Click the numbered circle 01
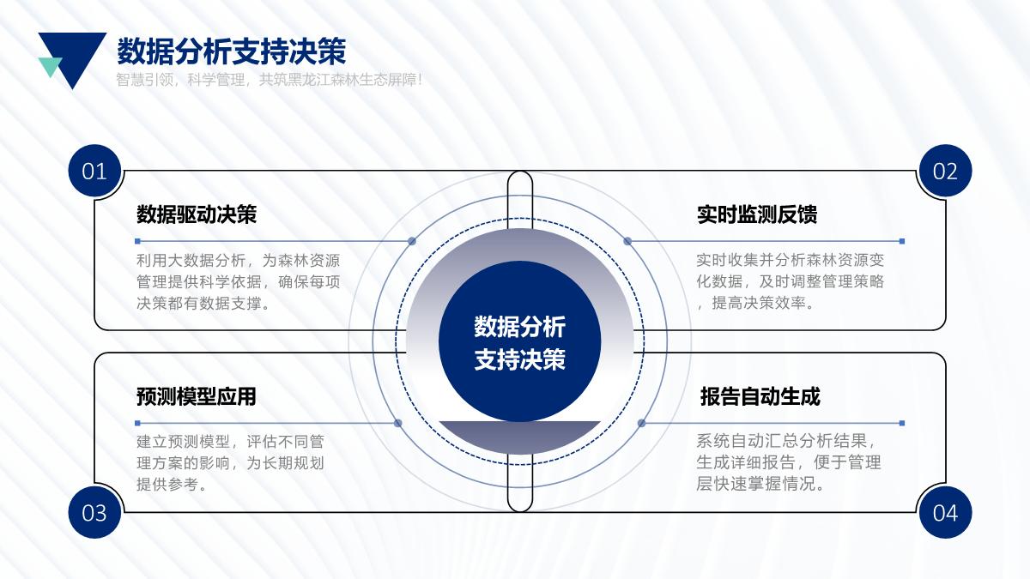click(94, 171)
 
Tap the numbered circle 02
click(945, 171)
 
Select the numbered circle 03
click(94, 512)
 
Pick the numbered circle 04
click(945, 512)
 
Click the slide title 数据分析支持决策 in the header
click(231, 51)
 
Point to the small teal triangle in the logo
click(49, 67)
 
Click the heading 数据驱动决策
click(197, 214)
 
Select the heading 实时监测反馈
click(757, 214)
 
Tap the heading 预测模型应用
click(197, 396)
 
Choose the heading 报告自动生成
click(760, 396)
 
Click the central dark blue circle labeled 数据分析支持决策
click(519, 341)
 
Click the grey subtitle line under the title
click(269, 80)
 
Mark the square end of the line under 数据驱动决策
click(137, 241)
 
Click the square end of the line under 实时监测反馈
click(902, 241)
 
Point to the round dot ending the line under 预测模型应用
click(398, 423)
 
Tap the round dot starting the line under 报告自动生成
click(641, 423)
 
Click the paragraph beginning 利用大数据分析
click(239, 281)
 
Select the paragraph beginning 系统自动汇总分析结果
click(788, 462)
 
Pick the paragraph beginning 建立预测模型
click(230, 462)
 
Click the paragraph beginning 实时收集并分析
click(790, 281)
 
